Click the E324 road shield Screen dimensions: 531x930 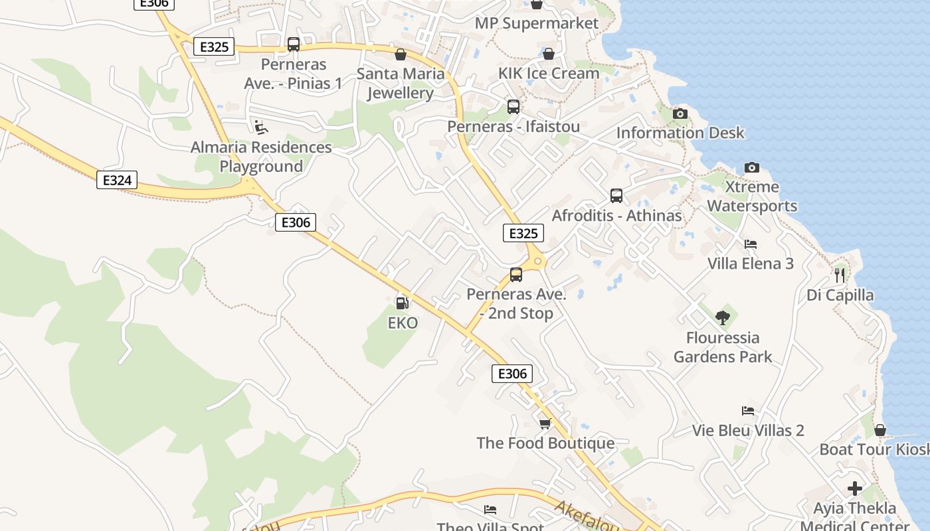pos(117,180)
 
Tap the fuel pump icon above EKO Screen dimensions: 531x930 pos(402,303)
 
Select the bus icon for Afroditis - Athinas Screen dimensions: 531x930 pos(616,196)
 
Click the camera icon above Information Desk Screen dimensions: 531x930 pos(680,114)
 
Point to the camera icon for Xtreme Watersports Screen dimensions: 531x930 pos(751,167)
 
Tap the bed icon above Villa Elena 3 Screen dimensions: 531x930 pos(750,244)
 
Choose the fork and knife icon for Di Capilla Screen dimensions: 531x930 pos(840,275)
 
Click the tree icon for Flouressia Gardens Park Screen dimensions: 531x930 pos(723,318)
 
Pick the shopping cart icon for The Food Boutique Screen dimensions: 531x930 pos(545,423)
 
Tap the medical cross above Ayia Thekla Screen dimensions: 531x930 pos(855,489)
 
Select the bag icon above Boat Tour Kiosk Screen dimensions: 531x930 pos(880,430)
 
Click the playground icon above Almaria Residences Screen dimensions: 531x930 pos(261,126)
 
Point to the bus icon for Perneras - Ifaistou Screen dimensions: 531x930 pos(513,106)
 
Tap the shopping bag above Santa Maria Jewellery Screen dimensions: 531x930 pos(401,54)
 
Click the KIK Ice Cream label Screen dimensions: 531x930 pos(549,73)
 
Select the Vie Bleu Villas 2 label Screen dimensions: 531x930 pos(748,430)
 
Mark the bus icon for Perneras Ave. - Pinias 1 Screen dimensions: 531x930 pos(293,44)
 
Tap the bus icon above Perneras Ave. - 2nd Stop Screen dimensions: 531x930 pos(516,274)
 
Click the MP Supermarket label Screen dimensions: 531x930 pos(536,23)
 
